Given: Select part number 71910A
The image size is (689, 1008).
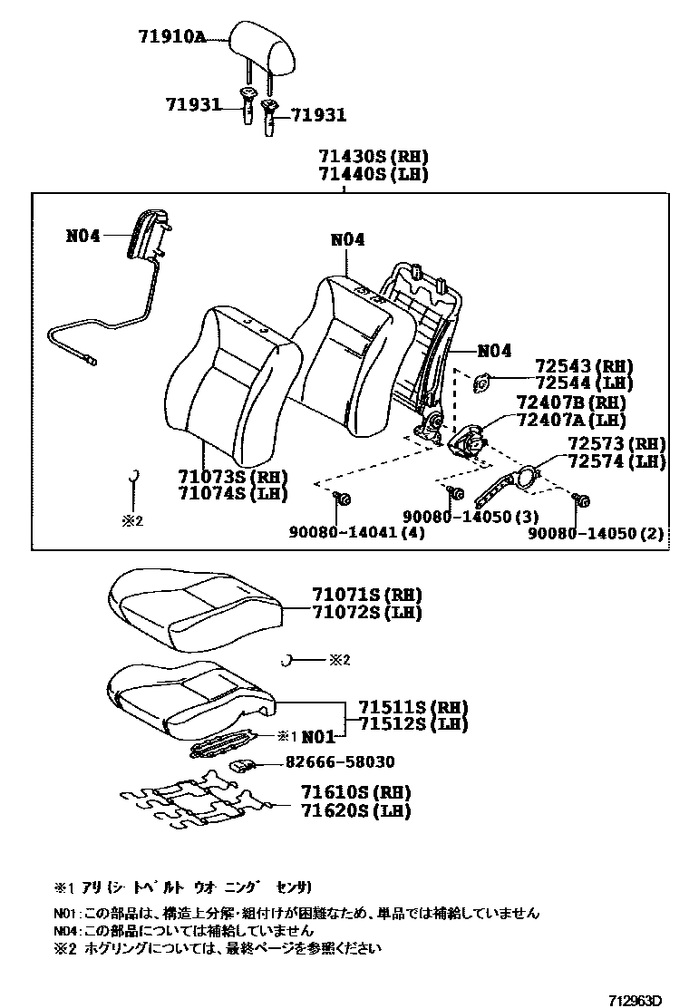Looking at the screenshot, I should point(172,37).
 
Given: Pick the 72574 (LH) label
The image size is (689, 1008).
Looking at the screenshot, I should point(616,461).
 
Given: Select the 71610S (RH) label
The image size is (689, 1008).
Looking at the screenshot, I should point(354,793).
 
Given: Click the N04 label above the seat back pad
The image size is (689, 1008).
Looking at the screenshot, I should point(347,240).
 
